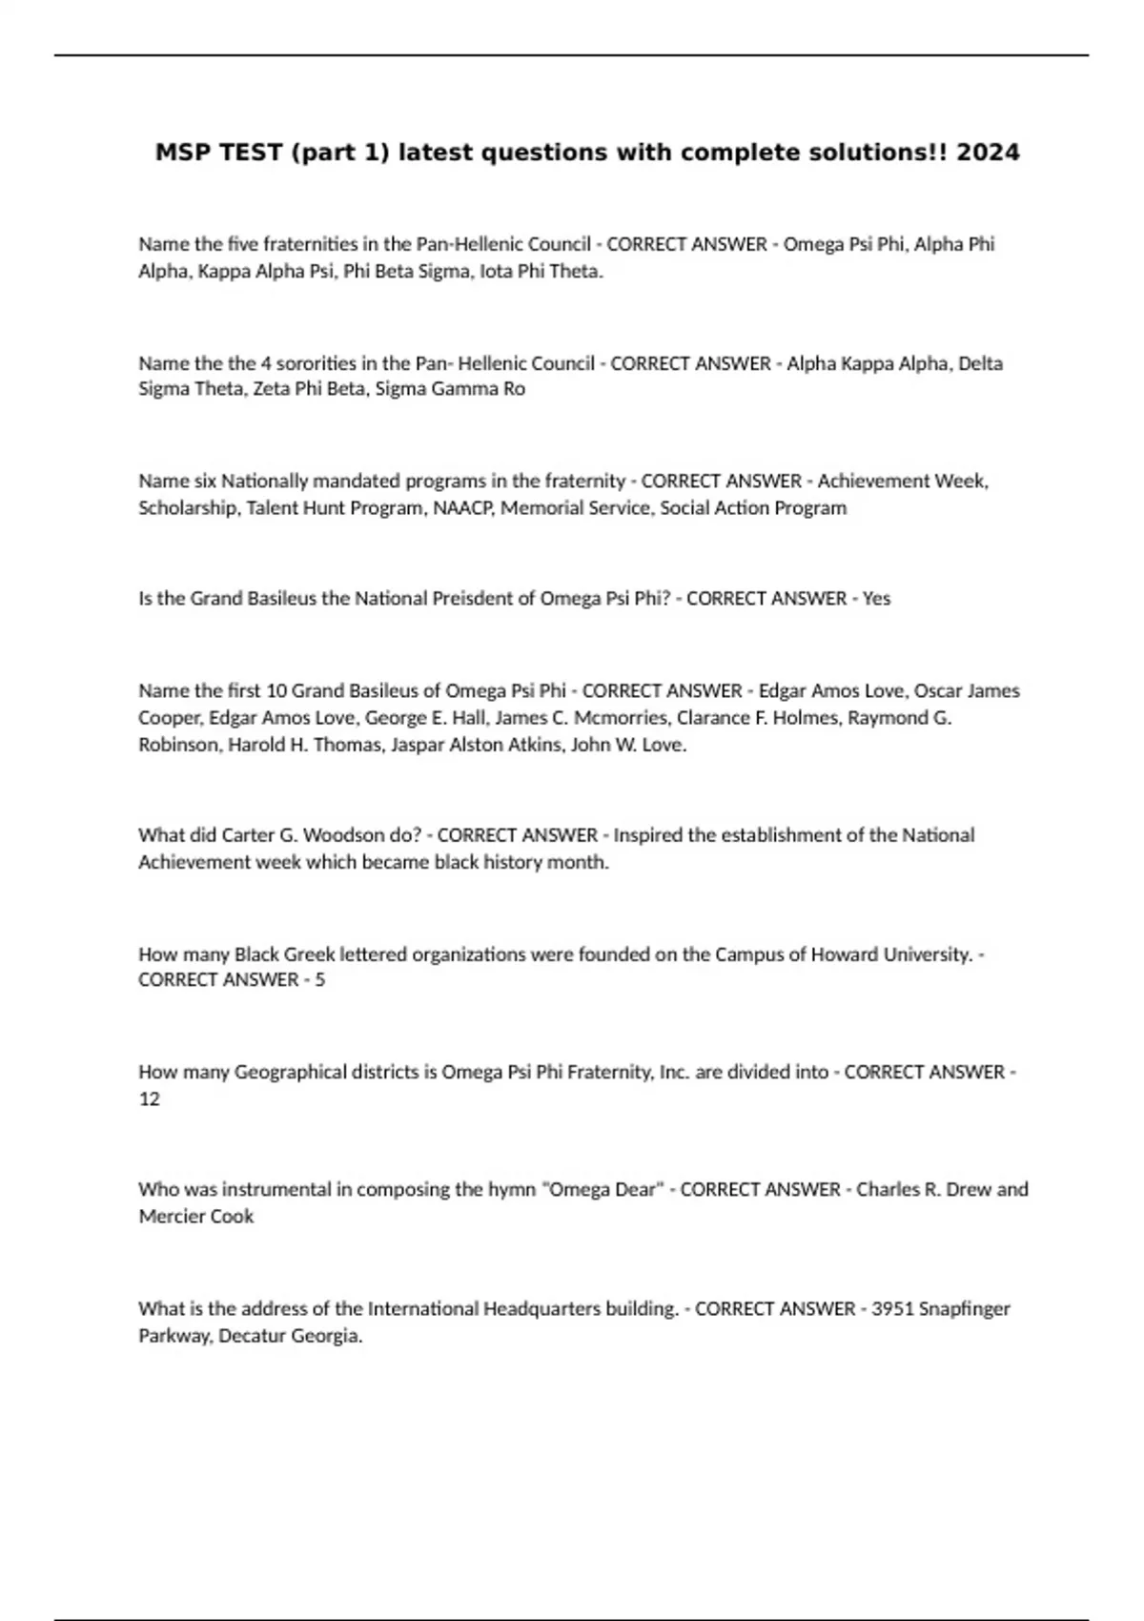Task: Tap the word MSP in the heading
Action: (183, 153)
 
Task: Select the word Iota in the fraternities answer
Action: (496, 271)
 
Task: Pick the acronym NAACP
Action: (463, 508)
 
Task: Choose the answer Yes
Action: (876, 599)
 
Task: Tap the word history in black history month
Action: (513, 862)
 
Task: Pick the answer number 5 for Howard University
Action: (319, 980)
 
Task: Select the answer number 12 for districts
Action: (149, 1098)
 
